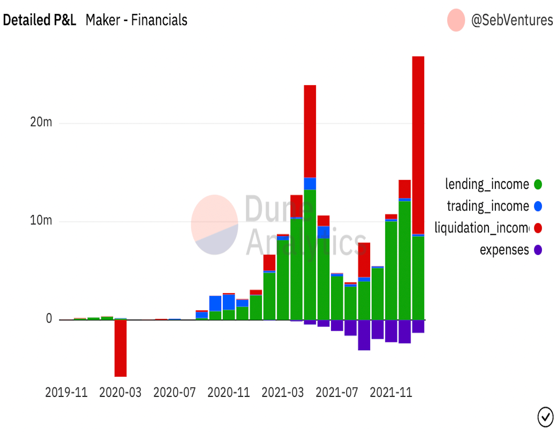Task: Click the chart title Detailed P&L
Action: [40, 20]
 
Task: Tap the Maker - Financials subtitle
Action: [136, 20]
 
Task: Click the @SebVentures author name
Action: [512, 20]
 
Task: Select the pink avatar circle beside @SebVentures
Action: [456, 20]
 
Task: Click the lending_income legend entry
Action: [487, 184]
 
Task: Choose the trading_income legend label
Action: [488, 206]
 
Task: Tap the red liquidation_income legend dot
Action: [538, 228]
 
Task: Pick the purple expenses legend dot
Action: [538, 250]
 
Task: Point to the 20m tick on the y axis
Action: [41, 122]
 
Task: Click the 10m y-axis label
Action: [41, 220]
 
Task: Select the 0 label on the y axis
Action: [49, 319]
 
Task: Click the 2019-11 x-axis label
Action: [66, 392]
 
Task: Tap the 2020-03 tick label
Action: [120, 392]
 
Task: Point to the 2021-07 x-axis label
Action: [337, 392]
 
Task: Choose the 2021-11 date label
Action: [391, 392]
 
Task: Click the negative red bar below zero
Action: [121, 348]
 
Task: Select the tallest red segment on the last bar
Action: [418, 144]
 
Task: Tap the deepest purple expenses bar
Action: [364, 335]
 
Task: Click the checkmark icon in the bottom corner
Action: [545, 417]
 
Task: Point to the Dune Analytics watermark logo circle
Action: [214, 224]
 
